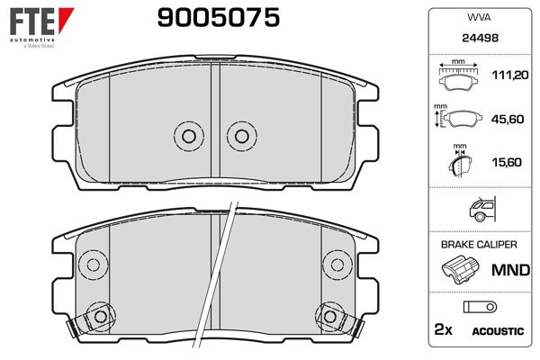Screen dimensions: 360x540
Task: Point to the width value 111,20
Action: click(507, 77)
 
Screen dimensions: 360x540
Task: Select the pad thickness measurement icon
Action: click(461, 163)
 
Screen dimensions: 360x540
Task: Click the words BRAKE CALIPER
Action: click(478, 245)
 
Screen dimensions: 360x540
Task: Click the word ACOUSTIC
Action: click(497, 331)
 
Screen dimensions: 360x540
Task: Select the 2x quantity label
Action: click(444, 330)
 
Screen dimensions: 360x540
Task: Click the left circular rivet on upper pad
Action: click(188, 135)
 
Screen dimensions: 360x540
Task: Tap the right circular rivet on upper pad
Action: click(240, 135)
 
